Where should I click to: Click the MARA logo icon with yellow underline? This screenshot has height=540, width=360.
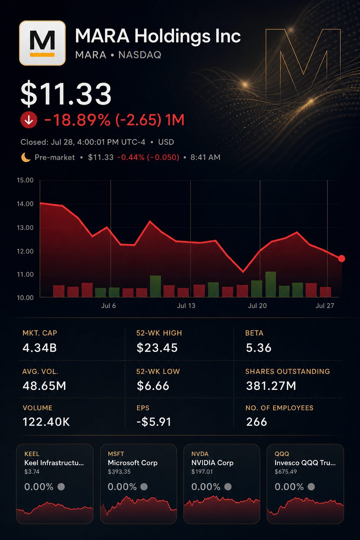[42, 43]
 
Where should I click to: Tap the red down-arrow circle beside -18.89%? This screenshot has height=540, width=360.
[29, 120]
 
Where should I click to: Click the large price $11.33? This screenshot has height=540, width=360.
[66, 94]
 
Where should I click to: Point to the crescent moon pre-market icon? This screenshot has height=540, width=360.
[26, 157]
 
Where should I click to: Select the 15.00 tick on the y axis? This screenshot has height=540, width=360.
[25, 180]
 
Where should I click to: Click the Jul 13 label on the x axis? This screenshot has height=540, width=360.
[186, 306]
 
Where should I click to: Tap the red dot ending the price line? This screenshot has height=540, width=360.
[341, 258]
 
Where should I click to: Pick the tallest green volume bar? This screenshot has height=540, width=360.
[271, 284]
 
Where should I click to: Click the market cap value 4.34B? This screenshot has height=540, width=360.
[39, 348]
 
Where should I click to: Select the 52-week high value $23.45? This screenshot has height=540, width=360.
[157, 348]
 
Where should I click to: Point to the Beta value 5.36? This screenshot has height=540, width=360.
[258, 348]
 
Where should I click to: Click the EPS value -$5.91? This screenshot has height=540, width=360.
[154, 422]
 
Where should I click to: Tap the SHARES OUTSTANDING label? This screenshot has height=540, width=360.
[288, 371]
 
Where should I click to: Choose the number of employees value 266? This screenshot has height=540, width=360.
[257, 422]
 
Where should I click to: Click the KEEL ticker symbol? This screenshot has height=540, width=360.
[32, 454]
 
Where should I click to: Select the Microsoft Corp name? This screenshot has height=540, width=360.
[133, 463]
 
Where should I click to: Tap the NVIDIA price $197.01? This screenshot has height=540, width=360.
[202, 471]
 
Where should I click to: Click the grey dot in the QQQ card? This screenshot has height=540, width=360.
[311, 487]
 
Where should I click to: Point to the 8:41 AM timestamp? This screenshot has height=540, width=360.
[205, 157]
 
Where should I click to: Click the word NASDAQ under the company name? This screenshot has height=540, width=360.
[140, 55]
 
